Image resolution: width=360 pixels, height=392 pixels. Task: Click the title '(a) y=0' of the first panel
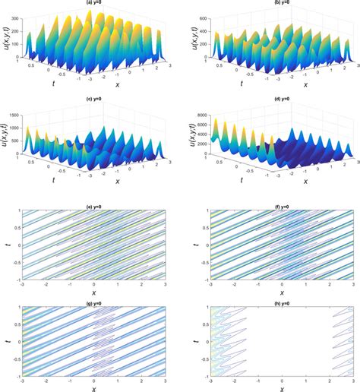(93, 3)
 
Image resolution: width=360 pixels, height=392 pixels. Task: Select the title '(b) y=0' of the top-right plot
(275, 3)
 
